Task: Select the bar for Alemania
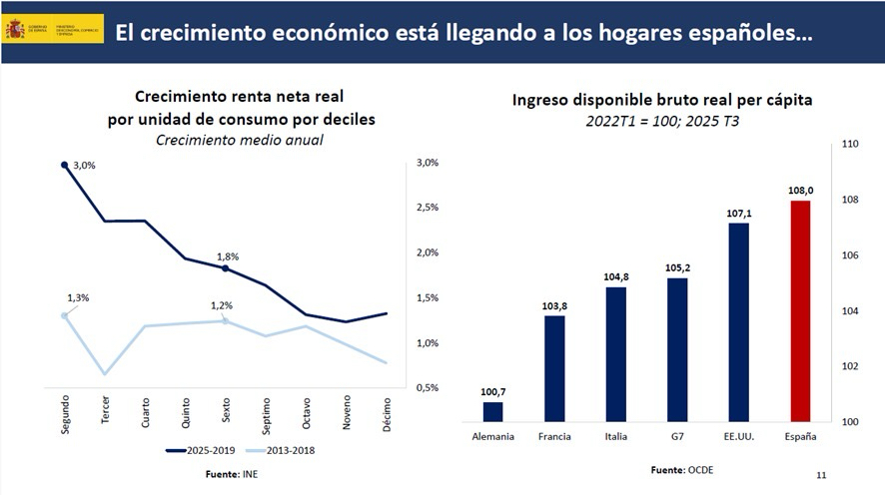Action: point(492,411)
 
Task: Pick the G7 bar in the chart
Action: point(677,349)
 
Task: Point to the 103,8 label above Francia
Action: point(553,305)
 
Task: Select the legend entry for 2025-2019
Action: point(204,451)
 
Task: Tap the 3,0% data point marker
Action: point(65,165)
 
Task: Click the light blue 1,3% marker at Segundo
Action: point(65,315)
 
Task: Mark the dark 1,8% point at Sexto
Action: point(225,268)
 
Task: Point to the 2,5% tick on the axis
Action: point(428,208)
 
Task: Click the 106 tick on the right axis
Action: point(851,255)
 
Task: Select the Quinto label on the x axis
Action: point(185,411)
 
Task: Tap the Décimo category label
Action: point(387,412)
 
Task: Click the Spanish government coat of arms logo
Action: point(15,29)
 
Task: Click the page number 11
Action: point(821,475)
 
